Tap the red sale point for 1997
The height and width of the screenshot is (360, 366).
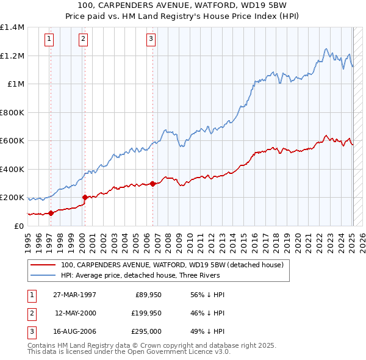(51, 213)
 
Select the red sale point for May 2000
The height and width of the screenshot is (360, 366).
(85, 197)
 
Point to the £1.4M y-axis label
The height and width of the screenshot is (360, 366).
(12, 27)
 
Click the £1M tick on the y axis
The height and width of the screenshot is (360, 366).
(16, 84)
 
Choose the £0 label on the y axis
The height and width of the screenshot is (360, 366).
(19, 226)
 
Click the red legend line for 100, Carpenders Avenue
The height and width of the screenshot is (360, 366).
(43, 265)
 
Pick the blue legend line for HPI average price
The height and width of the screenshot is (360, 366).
(43, 276)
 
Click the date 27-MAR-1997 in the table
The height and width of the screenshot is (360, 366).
(75, 295)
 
